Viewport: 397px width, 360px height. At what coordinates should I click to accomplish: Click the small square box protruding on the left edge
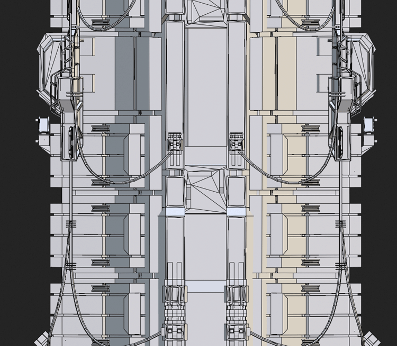pyautogui.click(x=43, y=125)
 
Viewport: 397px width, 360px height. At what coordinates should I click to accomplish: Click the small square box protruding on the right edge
pyautogui.click(x=369, y=125)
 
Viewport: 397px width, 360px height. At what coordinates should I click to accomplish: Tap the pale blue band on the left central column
pyautogui.click(x=175, y=211)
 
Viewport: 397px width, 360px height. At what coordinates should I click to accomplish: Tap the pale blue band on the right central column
pyautogui.click(x=236, y=211)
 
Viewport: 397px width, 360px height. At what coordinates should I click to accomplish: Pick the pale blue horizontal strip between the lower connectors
pyautogui.click(x=205, y=286)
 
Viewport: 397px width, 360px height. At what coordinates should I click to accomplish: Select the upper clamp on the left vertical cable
pyautogui.click(x=70, y=224)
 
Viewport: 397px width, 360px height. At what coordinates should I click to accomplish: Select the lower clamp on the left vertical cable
pyautogui.click(x=70, y=265)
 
